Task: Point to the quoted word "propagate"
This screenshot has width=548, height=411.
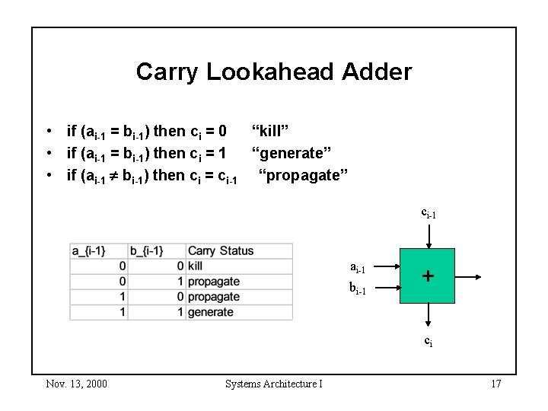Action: [302, 177]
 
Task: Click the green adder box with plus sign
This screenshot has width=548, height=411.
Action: [429, 276]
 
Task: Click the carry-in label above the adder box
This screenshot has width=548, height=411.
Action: [429, 215]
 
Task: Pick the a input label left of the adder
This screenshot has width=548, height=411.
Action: [358, 267]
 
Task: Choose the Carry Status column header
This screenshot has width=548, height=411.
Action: [221, 250]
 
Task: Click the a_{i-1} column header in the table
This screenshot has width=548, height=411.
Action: [98, 250]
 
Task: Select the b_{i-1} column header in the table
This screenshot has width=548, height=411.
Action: [157, 250]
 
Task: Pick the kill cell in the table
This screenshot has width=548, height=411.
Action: [195, 266]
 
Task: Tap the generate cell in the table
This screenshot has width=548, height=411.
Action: [210, 312]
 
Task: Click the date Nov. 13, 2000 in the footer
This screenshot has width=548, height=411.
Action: [75, 384]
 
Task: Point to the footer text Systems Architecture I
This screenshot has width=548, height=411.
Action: [274, 384]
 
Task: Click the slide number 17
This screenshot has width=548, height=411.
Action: [495, 384]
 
